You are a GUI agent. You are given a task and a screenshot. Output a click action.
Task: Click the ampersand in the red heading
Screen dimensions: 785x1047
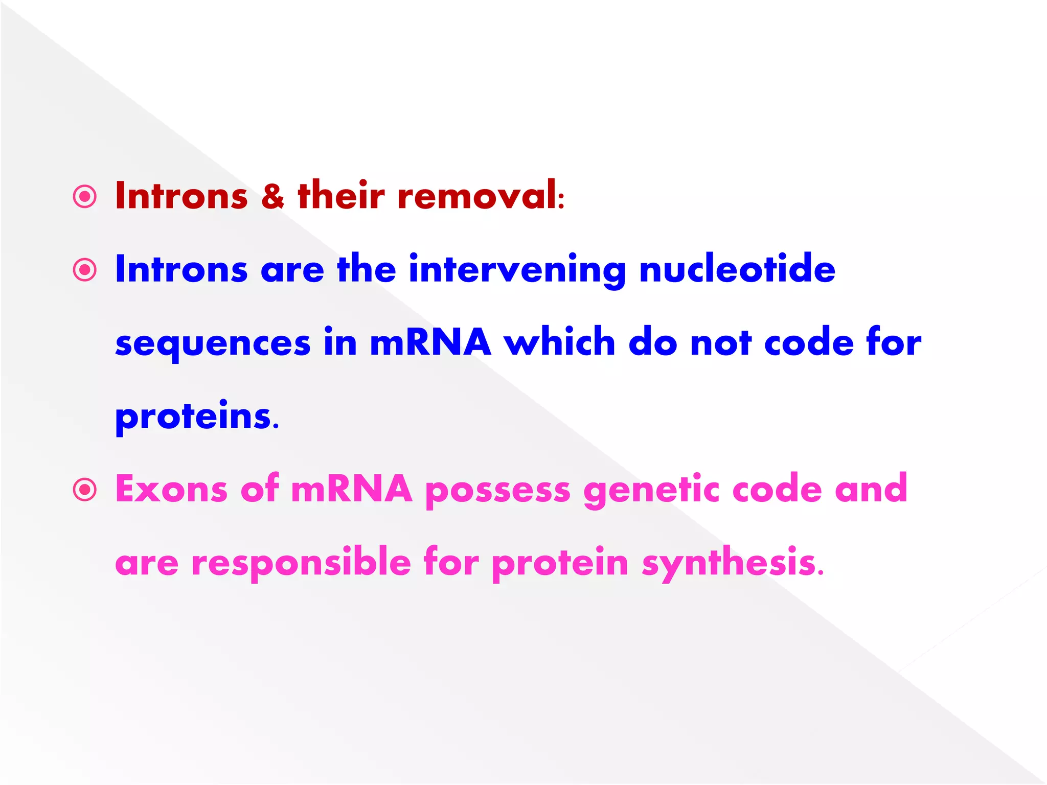coord(272,196)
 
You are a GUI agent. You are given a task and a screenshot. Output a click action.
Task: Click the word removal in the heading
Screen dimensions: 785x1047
coord(479,196)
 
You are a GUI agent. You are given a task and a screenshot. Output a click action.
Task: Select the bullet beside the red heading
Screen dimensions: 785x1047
coord(85,197)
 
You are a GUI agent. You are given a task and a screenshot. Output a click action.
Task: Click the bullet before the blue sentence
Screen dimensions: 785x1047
coord(85,270)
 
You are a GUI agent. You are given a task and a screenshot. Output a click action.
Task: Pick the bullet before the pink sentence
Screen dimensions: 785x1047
coord(85,490)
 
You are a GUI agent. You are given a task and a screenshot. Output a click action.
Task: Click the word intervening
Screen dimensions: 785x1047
coord(517,270)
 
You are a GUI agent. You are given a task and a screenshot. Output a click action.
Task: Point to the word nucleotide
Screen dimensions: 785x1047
coord(737,269)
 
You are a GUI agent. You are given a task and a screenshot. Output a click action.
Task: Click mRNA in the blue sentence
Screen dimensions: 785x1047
coord(430,342)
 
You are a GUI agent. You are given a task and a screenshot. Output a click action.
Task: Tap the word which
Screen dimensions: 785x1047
coord(560,342)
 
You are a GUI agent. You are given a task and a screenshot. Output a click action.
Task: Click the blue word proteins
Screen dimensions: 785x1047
coord(193,417)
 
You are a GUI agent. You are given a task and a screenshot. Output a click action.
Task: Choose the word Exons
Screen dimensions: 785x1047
coord(171,489)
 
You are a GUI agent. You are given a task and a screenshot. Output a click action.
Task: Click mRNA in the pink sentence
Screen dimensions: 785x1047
coord(351,489)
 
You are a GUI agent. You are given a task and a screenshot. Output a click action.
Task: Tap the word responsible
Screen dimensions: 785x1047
coord(301,563)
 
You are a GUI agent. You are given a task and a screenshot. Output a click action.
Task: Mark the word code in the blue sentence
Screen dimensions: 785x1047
coord(809,342)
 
